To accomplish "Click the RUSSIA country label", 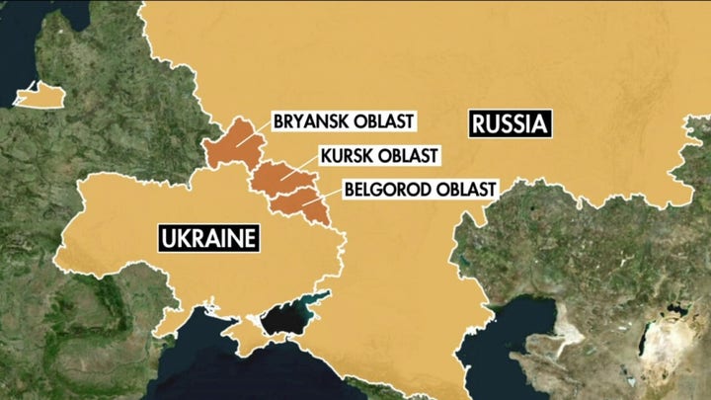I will coord(509,125).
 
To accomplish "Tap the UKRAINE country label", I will coord(208,238).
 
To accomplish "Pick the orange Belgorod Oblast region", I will coord(301,202).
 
